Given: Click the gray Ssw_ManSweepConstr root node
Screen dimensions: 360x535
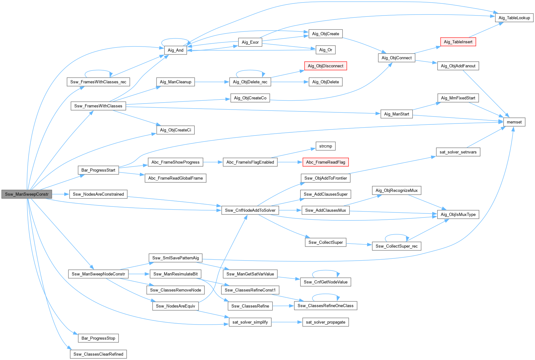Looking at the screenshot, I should tap(27, 194).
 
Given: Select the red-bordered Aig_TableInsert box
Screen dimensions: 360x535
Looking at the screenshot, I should tap(458, 42).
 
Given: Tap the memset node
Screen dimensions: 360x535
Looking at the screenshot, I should tap(514, 122).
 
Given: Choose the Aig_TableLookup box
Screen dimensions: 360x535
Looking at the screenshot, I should tap(514, 18).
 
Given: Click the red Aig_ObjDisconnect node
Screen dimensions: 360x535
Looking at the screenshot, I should tap(325, 66).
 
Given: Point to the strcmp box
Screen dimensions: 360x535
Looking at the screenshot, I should tap(325, 146).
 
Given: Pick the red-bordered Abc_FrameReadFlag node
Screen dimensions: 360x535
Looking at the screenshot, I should tap(325, 162).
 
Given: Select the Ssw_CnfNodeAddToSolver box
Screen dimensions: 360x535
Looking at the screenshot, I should tap(250, 210).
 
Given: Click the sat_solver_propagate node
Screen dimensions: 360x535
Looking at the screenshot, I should tap(325, 322).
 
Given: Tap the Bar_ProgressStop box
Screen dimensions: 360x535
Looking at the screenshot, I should tap(98, 338).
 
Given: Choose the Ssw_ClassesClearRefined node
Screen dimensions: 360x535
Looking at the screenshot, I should tap(98, 354).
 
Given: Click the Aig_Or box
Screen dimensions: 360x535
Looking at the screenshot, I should tap(325, 50).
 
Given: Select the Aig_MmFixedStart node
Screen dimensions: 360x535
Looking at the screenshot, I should tap(458, 98).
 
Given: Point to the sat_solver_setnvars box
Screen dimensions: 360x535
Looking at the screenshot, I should tap(458, 152).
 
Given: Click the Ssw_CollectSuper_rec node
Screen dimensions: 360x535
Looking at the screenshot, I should tap(396, 246).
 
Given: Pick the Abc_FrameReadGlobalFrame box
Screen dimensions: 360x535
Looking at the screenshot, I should tap(175, 178).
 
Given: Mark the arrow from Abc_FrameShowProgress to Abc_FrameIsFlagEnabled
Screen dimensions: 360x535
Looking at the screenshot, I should tap(213, 162).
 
